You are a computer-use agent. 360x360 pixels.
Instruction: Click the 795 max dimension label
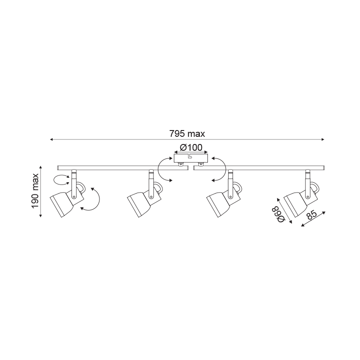187,134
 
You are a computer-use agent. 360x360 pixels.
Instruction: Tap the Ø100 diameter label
191,148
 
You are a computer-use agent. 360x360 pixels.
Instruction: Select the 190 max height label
35,191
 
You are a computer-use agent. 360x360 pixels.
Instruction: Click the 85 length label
311,216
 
